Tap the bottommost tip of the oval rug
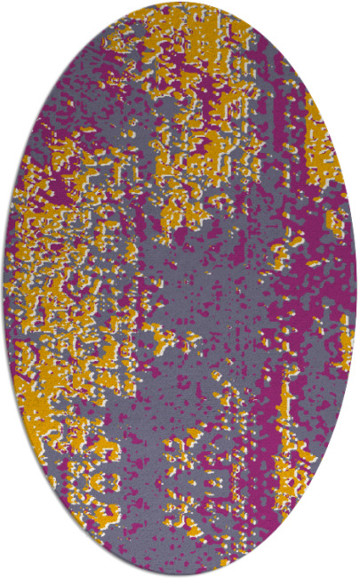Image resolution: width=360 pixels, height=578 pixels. click(180, 574)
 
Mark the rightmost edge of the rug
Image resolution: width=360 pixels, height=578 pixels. click(356, 289)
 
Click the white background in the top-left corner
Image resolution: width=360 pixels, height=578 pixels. click(18, 18)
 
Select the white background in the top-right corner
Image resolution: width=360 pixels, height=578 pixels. click(342, 18)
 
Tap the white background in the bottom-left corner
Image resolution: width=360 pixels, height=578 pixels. click(18, 560)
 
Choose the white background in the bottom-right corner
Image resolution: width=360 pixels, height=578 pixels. click(342, 560)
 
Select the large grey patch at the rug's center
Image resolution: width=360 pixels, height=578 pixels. click(204, 293)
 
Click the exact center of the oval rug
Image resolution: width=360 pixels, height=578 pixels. click(180, 289)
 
